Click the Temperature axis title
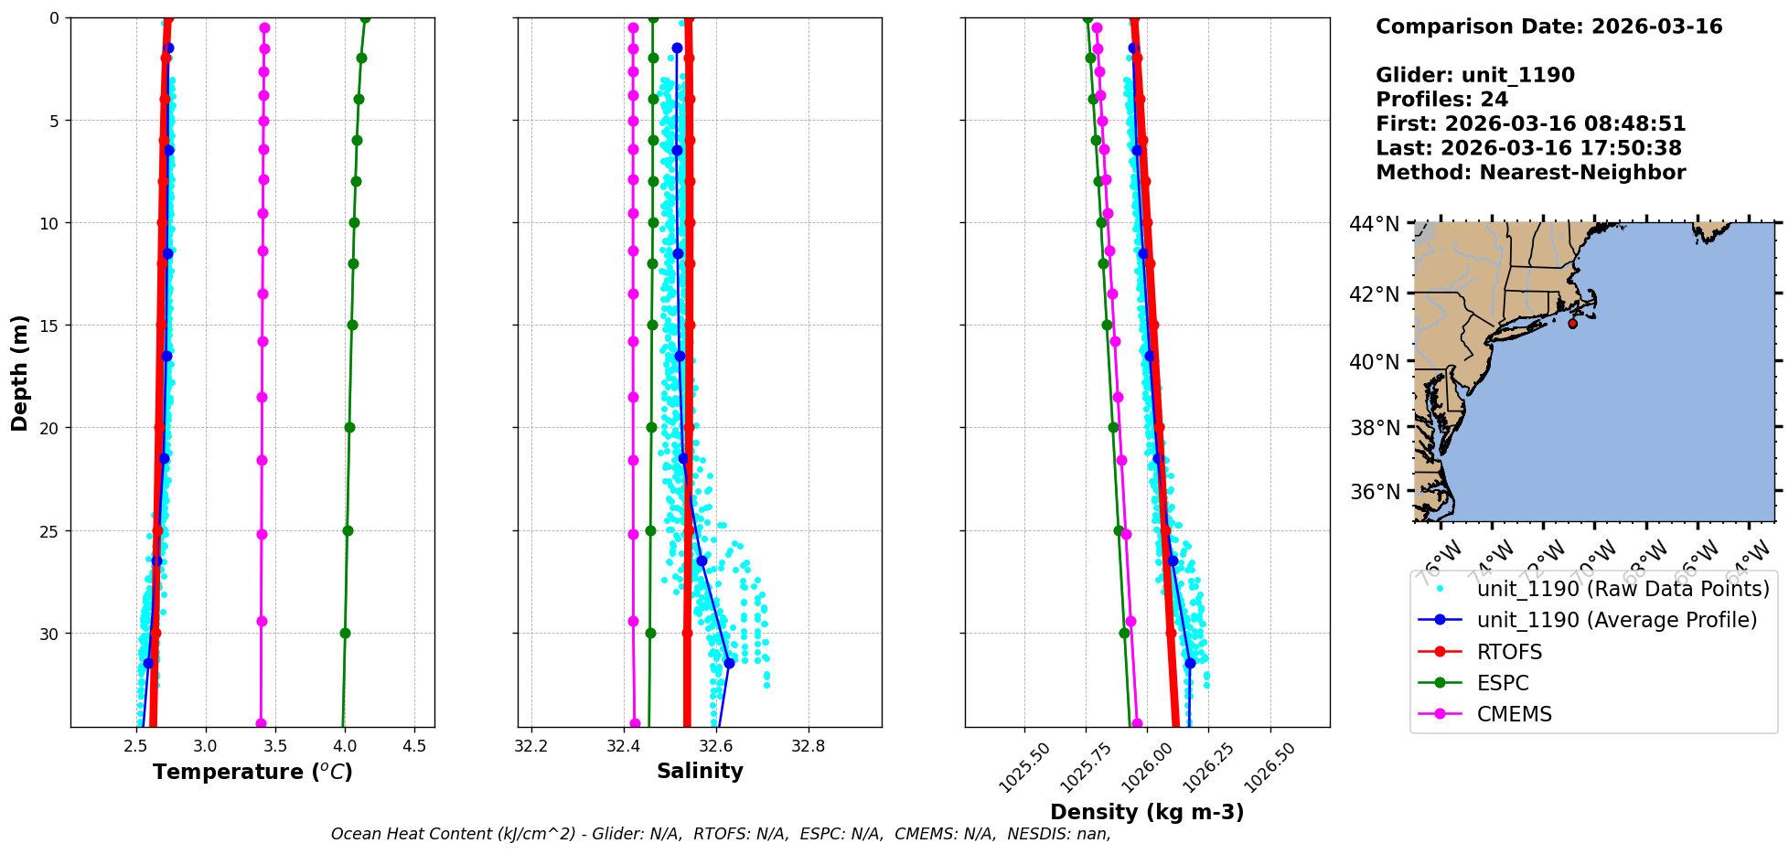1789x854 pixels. point(252,772)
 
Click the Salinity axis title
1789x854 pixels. point(700,771)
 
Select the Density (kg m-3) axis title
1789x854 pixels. point(1147,812)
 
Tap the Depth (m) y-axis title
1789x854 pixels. point(19,372)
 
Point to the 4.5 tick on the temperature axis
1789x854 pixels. point(414,746)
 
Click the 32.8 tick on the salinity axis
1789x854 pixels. point(808,746)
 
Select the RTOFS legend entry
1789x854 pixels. point(1509,652)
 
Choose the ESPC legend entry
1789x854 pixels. point(1503,683)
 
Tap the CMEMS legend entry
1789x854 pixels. point(1514,714)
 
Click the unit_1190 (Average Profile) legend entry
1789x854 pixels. point(1616,620)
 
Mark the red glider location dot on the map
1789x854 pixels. point(1572,324)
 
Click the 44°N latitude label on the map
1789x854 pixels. point(1375,224)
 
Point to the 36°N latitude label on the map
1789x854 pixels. point(1375,492)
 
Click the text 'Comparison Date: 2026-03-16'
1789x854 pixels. point(1548,27)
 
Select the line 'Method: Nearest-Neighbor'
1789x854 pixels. point(1530,173)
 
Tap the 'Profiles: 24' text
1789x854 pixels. point(1441,100)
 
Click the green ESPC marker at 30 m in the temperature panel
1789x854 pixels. point(345,633)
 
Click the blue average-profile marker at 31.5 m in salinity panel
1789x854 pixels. point(729,663)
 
